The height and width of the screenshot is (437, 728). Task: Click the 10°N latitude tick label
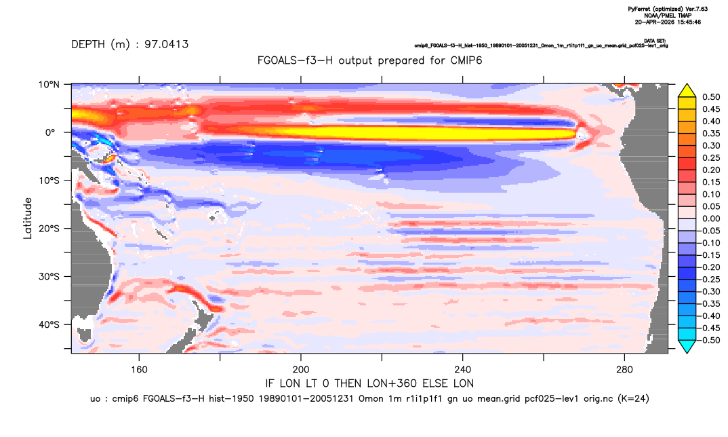49,84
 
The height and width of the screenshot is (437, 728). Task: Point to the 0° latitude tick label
51,132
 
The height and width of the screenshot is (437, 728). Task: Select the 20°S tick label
49,229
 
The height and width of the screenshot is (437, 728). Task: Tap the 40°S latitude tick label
49,324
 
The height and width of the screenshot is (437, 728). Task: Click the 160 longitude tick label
139,370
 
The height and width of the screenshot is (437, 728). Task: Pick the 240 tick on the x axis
463,370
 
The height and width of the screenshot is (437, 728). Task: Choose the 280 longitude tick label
624,370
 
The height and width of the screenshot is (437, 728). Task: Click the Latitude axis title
28,218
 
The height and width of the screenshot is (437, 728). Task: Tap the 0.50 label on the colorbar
711,97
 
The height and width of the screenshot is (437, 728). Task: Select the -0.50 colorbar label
710,340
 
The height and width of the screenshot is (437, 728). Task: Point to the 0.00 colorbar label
711,218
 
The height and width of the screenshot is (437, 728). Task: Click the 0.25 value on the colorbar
711,158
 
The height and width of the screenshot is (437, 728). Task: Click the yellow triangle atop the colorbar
687,91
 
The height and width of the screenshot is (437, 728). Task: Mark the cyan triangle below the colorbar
687,346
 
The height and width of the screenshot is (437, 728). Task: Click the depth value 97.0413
166,45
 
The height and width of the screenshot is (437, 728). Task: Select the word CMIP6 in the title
466,60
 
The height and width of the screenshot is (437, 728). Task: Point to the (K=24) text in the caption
633,398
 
